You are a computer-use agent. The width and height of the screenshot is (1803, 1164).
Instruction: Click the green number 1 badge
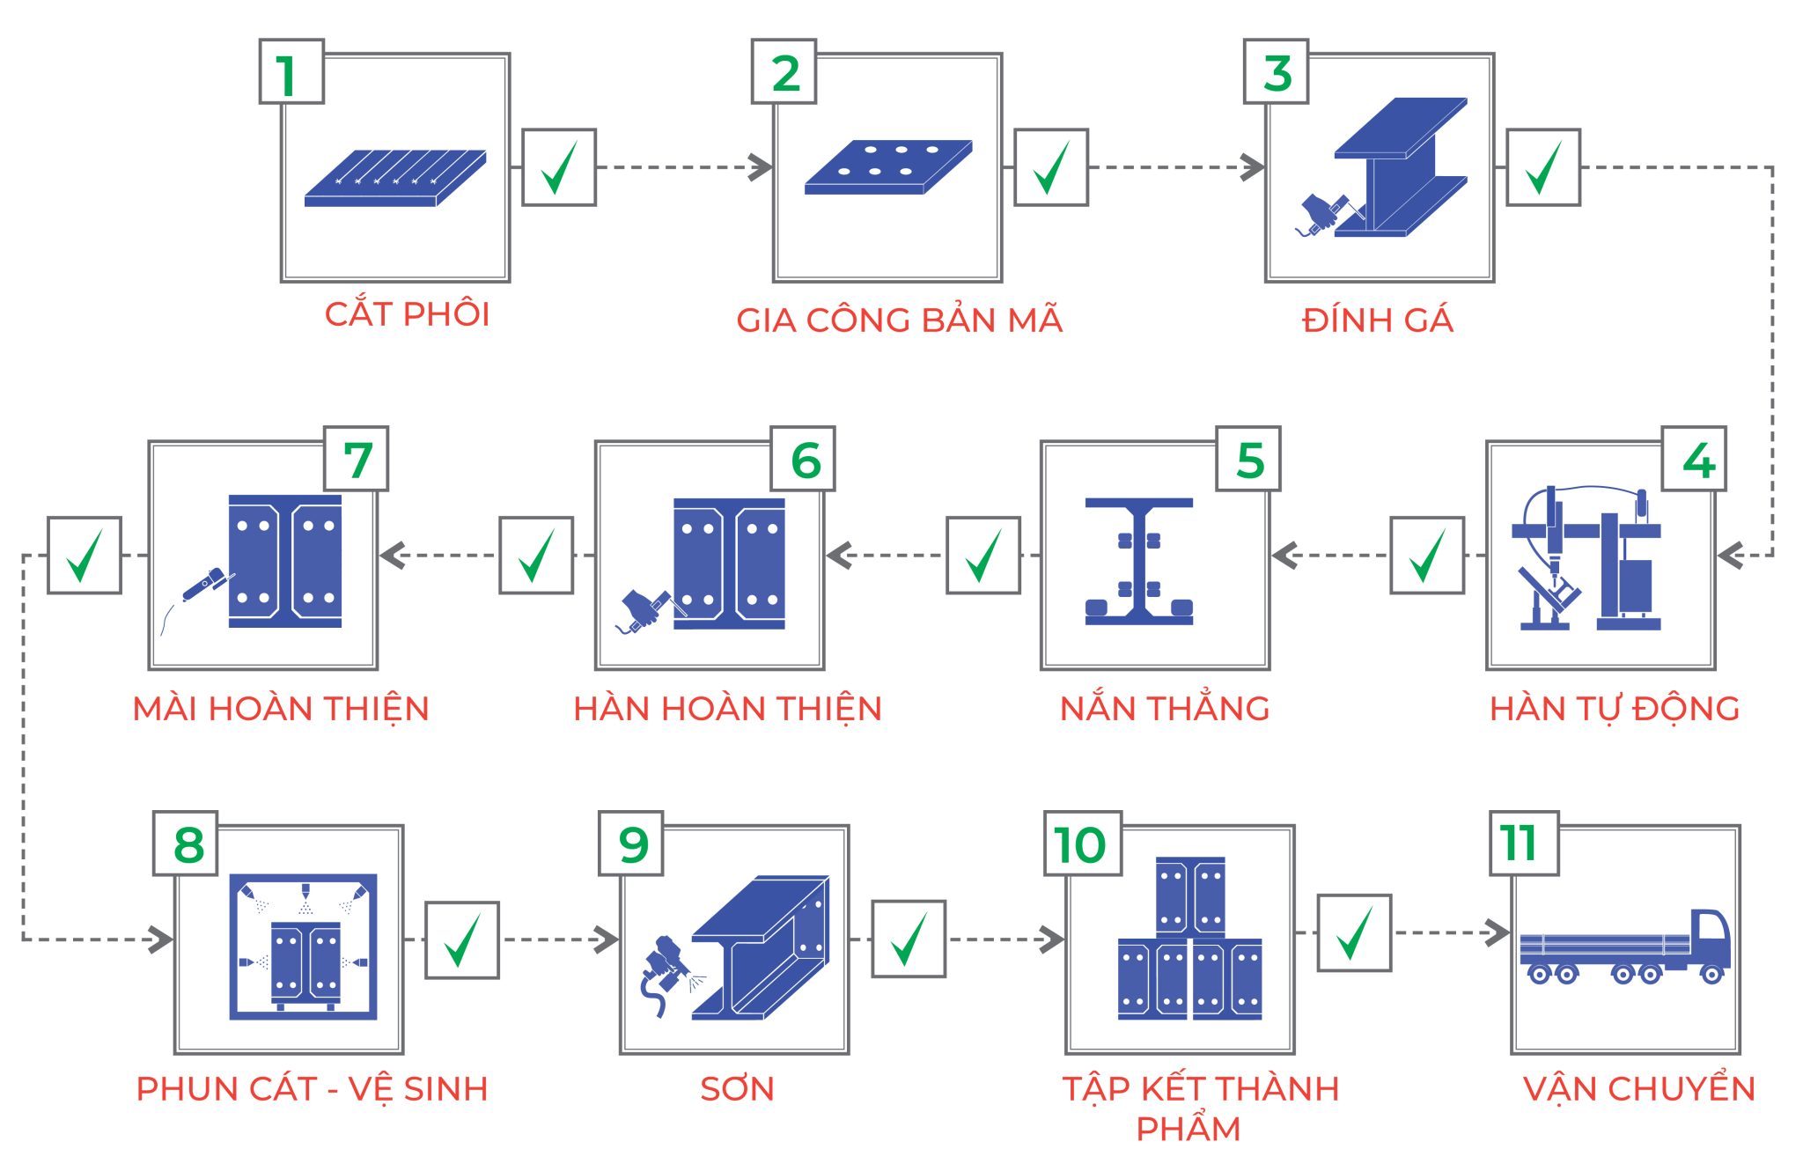(291, 72)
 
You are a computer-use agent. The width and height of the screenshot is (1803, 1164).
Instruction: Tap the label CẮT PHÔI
(407, 314)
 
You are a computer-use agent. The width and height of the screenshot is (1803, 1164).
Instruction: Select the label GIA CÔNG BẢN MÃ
(899, 320)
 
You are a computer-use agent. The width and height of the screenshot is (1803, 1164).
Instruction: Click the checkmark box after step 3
(1542, 167)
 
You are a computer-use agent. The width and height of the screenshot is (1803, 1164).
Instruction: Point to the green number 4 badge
(1694, 459)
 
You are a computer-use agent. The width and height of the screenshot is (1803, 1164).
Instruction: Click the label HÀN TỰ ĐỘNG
(1614, 709)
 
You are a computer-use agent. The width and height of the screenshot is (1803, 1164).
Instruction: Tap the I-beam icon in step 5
(1138, 561)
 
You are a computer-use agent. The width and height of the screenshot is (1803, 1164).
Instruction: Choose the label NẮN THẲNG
(1164, 709)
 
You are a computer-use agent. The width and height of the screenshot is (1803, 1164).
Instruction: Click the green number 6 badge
(802, 459)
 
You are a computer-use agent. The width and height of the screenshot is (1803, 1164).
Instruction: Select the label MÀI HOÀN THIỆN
(281, 709)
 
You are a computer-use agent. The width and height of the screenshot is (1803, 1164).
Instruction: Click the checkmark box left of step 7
(85, 555)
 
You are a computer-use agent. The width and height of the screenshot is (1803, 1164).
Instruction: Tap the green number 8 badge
(186, 844)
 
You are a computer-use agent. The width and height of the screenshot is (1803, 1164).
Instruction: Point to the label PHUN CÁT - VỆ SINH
(312, 1089)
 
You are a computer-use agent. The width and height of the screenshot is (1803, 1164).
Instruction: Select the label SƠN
(737, 1089)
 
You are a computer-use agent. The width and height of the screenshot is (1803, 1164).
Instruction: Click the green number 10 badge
(1082, 844)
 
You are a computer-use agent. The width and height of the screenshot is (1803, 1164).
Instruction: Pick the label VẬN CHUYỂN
(1638, 1089)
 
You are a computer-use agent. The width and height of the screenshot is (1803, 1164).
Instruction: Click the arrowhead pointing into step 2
(760, 167)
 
